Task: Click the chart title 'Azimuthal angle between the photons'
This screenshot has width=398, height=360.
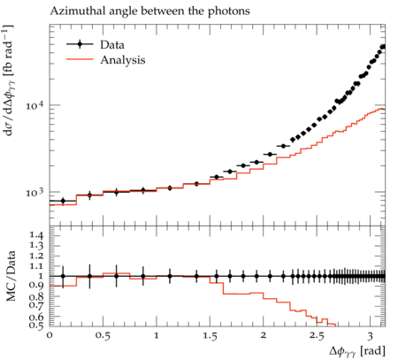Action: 150,11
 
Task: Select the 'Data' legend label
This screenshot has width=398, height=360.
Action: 112,45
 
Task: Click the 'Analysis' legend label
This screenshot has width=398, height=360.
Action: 123,60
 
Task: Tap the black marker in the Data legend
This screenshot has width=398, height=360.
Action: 80,44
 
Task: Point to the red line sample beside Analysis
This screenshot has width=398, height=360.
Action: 80,59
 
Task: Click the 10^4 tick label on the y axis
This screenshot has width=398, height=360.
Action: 35,104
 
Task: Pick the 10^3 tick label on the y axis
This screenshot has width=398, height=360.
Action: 35,192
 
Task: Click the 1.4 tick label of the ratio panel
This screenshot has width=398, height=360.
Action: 36,235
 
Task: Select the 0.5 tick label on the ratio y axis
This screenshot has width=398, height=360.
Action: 36,325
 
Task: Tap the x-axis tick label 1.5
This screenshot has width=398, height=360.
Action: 210,335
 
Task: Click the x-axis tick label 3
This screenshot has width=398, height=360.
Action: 371,335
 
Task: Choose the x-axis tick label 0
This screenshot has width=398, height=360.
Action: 50,335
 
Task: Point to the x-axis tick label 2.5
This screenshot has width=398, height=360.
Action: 317,335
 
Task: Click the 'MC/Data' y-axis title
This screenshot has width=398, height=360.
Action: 11,276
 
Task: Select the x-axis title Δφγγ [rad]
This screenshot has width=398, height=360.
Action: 357,351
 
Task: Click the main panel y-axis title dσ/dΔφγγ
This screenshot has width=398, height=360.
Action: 9,80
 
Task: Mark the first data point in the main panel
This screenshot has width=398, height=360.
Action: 63,201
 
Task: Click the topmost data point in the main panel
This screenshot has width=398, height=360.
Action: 383,47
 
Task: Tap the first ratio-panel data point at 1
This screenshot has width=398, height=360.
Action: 63,276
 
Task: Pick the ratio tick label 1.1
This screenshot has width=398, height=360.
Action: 36,266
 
